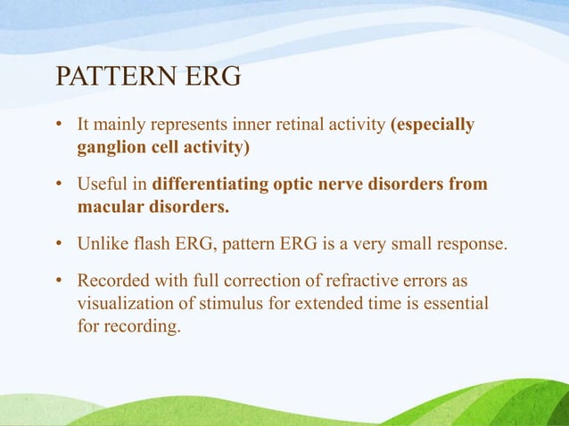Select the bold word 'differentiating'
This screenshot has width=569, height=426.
[x=210, y=184]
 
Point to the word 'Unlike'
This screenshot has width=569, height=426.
[x=101, y=244]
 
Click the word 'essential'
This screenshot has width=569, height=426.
[x=453, y=304]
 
